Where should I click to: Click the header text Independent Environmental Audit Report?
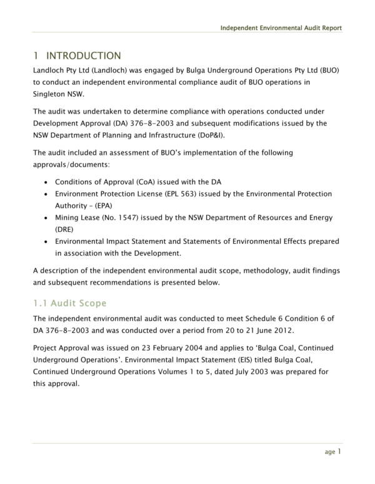(x=281, y=29)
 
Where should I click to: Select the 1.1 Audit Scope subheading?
(x=69, y=303)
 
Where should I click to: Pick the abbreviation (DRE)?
(x=64, y=229)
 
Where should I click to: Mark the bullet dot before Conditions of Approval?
(x=49, y=183)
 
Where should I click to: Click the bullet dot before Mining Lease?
(x=49, y=218)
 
